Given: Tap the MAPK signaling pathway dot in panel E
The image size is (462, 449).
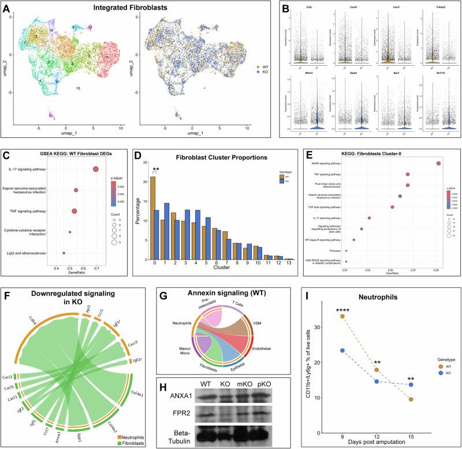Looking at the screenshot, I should tap(438, 163).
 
